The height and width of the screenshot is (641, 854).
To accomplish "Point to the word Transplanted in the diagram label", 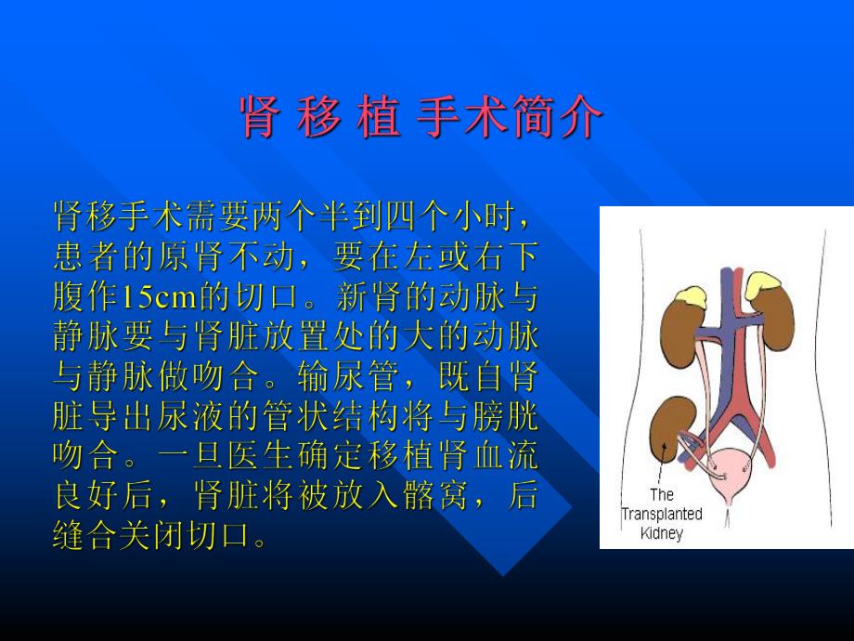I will pos(662,514).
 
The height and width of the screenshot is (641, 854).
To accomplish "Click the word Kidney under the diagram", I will pos(661,533).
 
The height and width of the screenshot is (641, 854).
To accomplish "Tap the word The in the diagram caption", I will pos(661,494).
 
